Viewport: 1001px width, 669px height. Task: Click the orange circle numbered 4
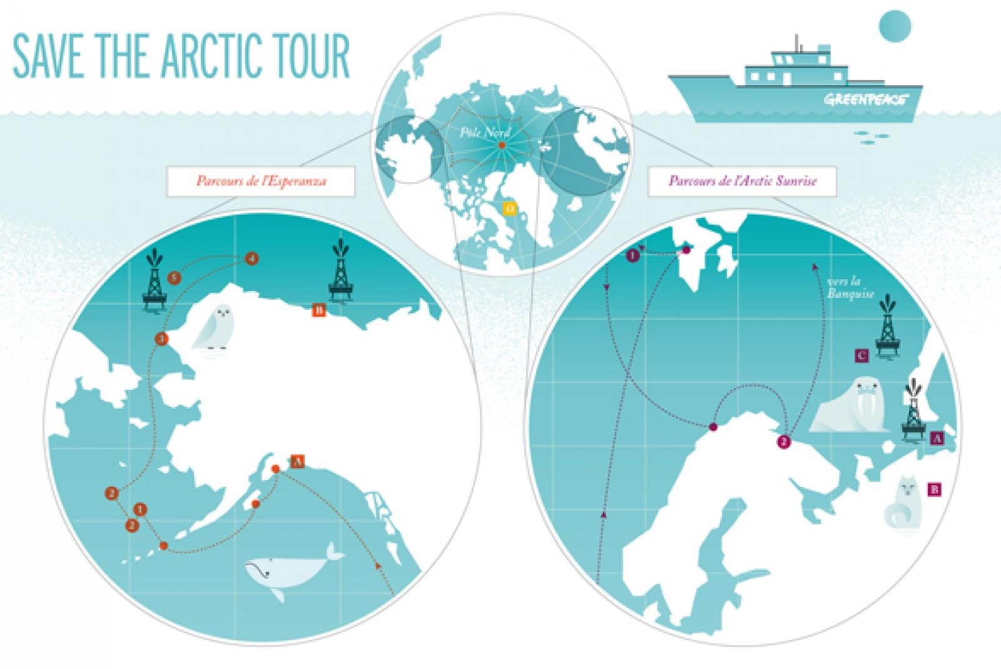pyautogui.click(x=252, y=258)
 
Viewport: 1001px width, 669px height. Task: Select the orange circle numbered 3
pyautogui.click(x=161, y=339)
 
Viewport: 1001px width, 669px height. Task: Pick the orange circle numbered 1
pyautogui.click(x=141, y=509)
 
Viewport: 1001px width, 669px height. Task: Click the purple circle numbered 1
pyautogui.click(x=633, y=255)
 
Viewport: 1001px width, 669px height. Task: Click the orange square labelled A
pyautogui.click(x=298, y=461)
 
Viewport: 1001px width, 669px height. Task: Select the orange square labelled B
pyautogui.click(x=317, y=310)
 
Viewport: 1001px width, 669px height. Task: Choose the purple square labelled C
pyautogui.click(x=861, y=356)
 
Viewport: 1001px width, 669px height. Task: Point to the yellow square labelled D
pyautogui.click(x=510, y=207)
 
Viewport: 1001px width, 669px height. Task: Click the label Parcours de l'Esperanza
pyautogui.click(x=261, y=181)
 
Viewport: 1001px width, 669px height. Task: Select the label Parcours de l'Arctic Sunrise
pyautogui.click(x=743, y=181)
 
